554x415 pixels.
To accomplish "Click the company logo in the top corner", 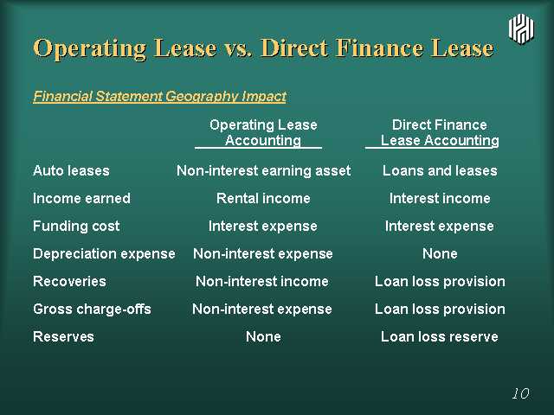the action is (521, 29).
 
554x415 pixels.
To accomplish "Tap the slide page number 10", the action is (521, 393).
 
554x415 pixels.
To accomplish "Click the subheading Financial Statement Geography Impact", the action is (159, 96).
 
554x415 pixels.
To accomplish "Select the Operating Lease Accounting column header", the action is (263, 132).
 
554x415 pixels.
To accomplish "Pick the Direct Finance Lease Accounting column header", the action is (439, 132).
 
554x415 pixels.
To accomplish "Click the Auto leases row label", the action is (71, 171).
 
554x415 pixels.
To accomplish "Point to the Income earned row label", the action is (81, 198).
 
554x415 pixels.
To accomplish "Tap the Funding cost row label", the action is (76, 226).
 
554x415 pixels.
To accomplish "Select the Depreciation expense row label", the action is (104, 253).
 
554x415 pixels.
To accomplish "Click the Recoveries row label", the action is (69, 281).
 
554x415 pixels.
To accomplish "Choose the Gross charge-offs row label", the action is (92, 310).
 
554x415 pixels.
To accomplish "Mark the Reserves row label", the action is (63, 336).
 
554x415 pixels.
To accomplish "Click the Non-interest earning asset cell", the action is (263, 171).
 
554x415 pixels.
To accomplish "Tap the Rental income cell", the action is (263, 198).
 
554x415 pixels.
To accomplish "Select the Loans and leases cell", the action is (440, 171).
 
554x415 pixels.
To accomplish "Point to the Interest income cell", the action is (440, 198).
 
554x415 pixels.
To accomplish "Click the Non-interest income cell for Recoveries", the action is (262, 281).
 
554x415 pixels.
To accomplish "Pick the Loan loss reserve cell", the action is (440, 336).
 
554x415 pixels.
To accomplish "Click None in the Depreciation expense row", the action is (440, 253).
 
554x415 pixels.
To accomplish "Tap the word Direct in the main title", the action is (294, 48).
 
